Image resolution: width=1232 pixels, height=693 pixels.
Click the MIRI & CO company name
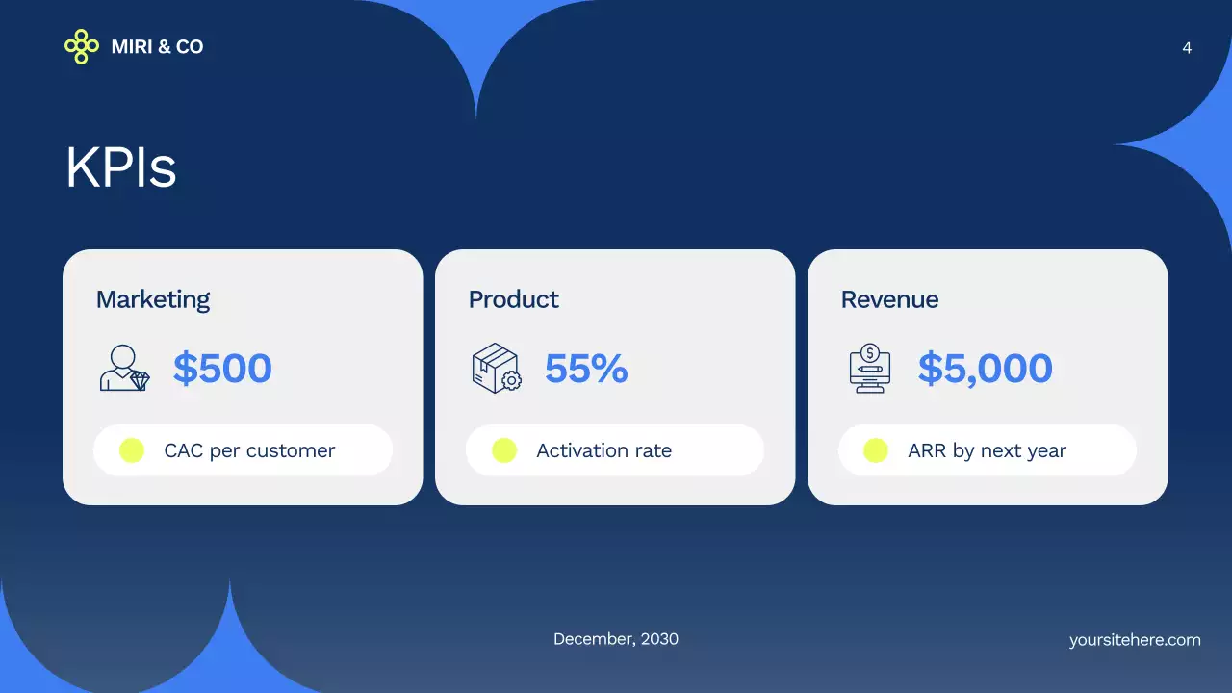coord(157,46)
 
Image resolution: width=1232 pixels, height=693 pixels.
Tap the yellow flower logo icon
coord(82,46)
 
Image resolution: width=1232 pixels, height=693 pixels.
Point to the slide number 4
coord(1187,48)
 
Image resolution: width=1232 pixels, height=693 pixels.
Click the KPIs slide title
coord(121,167)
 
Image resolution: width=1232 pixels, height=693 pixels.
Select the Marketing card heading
coord(153,299)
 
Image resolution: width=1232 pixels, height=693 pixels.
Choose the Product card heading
coord(513,299)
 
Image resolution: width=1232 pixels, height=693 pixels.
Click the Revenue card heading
coord(889,299)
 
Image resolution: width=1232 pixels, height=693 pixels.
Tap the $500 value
coord(222,369)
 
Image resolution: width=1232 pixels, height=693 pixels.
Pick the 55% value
coord(586,369)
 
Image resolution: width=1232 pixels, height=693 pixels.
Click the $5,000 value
coord(985,369)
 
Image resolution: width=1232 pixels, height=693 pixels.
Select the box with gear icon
coord(497,369)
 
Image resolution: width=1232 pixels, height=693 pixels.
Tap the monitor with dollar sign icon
coord(870,369)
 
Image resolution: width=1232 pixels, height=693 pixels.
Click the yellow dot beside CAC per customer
coord(132,450)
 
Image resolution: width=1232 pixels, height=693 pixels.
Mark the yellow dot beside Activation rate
coord(504,450)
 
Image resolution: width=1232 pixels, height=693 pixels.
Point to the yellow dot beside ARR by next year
coord(876,450)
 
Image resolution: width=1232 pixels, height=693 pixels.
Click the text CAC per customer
coord(249,450)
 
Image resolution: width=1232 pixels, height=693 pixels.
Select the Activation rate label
coord(603,450)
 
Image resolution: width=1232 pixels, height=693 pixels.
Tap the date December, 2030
coord(616,639)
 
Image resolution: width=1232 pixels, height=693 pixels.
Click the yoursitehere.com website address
coord(1135,640)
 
